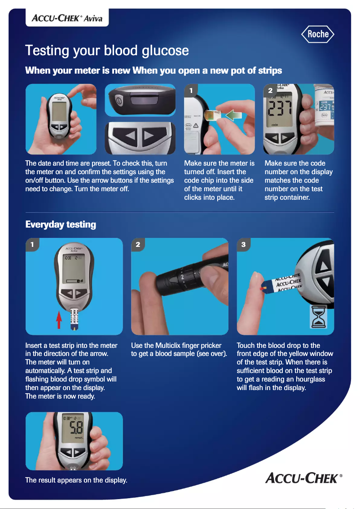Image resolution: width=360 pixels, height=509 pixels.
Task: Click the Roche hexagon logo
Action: (x=318, y=34)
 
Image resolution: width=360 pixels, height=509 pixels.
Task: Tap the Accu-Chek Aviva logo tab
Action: (x=67, y=18)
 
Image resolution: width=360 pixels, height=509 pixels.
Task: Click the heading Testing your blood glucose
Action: (x=107, y=50)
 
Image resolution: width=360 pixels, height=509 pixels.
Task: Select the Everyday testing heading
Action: (x=61, y=224)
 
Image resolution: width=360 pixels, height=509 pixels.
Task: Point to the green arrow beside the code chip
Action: (x=233, y=116)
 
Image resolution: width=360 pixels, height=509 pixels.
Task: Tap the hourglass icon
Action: (x=319, y=317)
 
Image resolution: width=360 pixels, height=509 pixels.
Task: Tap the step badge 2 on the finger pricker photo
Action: (x=138, y=245)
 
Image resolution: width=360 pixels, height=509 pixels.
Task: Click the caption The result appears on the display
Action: (x=76, y=480)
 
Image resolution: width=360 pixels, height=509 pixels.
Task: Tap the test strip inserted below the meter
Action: (x=74, y=320)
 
